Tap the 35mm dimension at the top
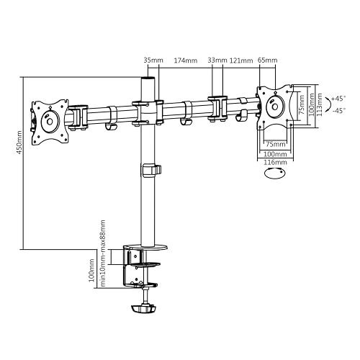pyautogui.click(x=150, y=60)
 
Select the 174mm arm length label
pyautogui.click(x=185, y=60)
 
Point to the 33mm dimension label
pyautogui.click(x=217, y=60)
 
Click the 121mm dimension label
pyautogui.click(x=240, y=60)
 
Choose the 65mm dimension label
pyautogui.click(x=266, y=60)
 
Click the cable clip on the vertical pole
pyautogui.click(x=151, y=171)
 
